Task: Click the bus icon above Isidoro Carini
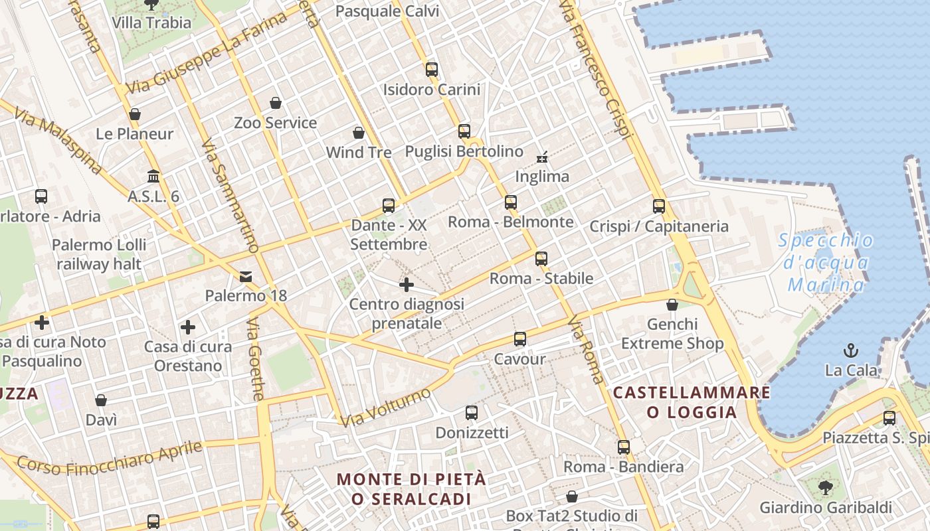coord(432,69)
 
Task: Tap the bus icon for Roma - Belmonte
coord(510,202)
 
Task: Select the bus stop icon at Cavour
coord(519,339)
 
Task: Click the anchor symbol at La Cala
coord(850,350)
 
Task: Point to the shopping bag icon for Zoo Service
coord(276,103)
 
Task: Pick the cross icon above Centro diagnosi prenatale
coord(407,285)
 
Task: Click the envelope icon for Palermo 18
coord(246,276)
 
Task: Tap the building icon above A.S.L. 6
coord(153,177)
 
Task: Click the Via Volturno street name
coord(385,407)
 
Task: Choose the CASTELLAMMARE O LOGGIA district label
coord(692,402)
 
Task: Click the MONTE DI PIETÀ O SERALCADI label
coord(411,489)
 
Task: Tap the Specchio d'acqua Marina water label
coord(826,262)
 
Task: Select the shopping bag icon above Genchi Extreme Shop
coord(672,305)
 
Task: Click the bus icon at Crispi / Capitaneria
coord(658,206)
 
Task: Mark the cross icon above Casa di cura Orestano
coord(188,327)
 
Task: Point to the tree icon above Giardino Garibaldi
coord(826,488)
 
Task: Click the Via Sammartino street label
coord(229,196)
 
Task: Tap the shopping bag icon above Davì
coord(101,400)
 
